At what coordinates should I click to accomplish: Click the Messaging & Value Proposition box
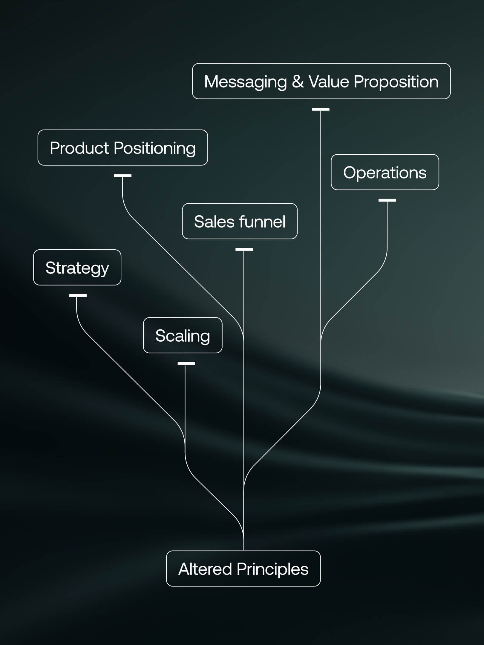pyautogui.click(x=321, y=81)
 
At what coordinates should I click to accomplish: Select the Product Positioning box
pyautogui.click(x=122, y=148)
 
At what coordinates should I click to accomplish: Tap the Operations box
pyautogui.click(x=385, y=172)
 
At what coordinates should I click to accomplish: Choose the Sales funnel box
pyautogui.click(x=240, y=221)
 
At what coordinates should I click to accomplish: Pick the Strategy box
pyautogui.click(x=77, y=267)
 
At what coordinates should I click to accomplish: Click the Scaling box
pyautogui.click(x=183, y=335)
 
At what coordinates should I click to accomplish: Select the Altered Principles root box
pyautogui.click(x=243, y=569)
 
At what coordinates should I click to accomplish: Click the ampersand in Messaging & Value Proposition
pyautogui.click(x=298, y=82)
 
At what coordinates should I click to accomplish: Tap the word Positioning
pyautogui.click(x=154, y=148)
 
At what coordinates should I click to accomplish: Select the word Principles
pyautogui.click(x=272, y=569)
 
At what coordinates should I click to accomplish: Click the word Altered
pyautogui.click(x=205, y=569)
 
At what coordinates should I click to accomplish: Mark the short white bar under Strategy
pyautogui.click(x=78, y=296)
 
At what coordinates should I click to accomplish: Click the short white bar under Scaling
pyautogui.click(x=186, y=363)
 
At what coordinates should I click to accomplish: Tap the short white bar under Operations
pyautogui.click(x=387, y=200)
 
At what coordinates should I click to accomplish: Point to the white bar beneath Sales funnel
pyautogui.click(x=244, y=249)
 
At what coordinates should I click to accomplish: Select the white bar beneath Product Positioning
pyautogui.click(x=123, y=176)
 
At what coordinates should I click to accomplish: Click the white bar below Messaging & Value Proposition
pyautogui.click(x=321, y=109)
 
